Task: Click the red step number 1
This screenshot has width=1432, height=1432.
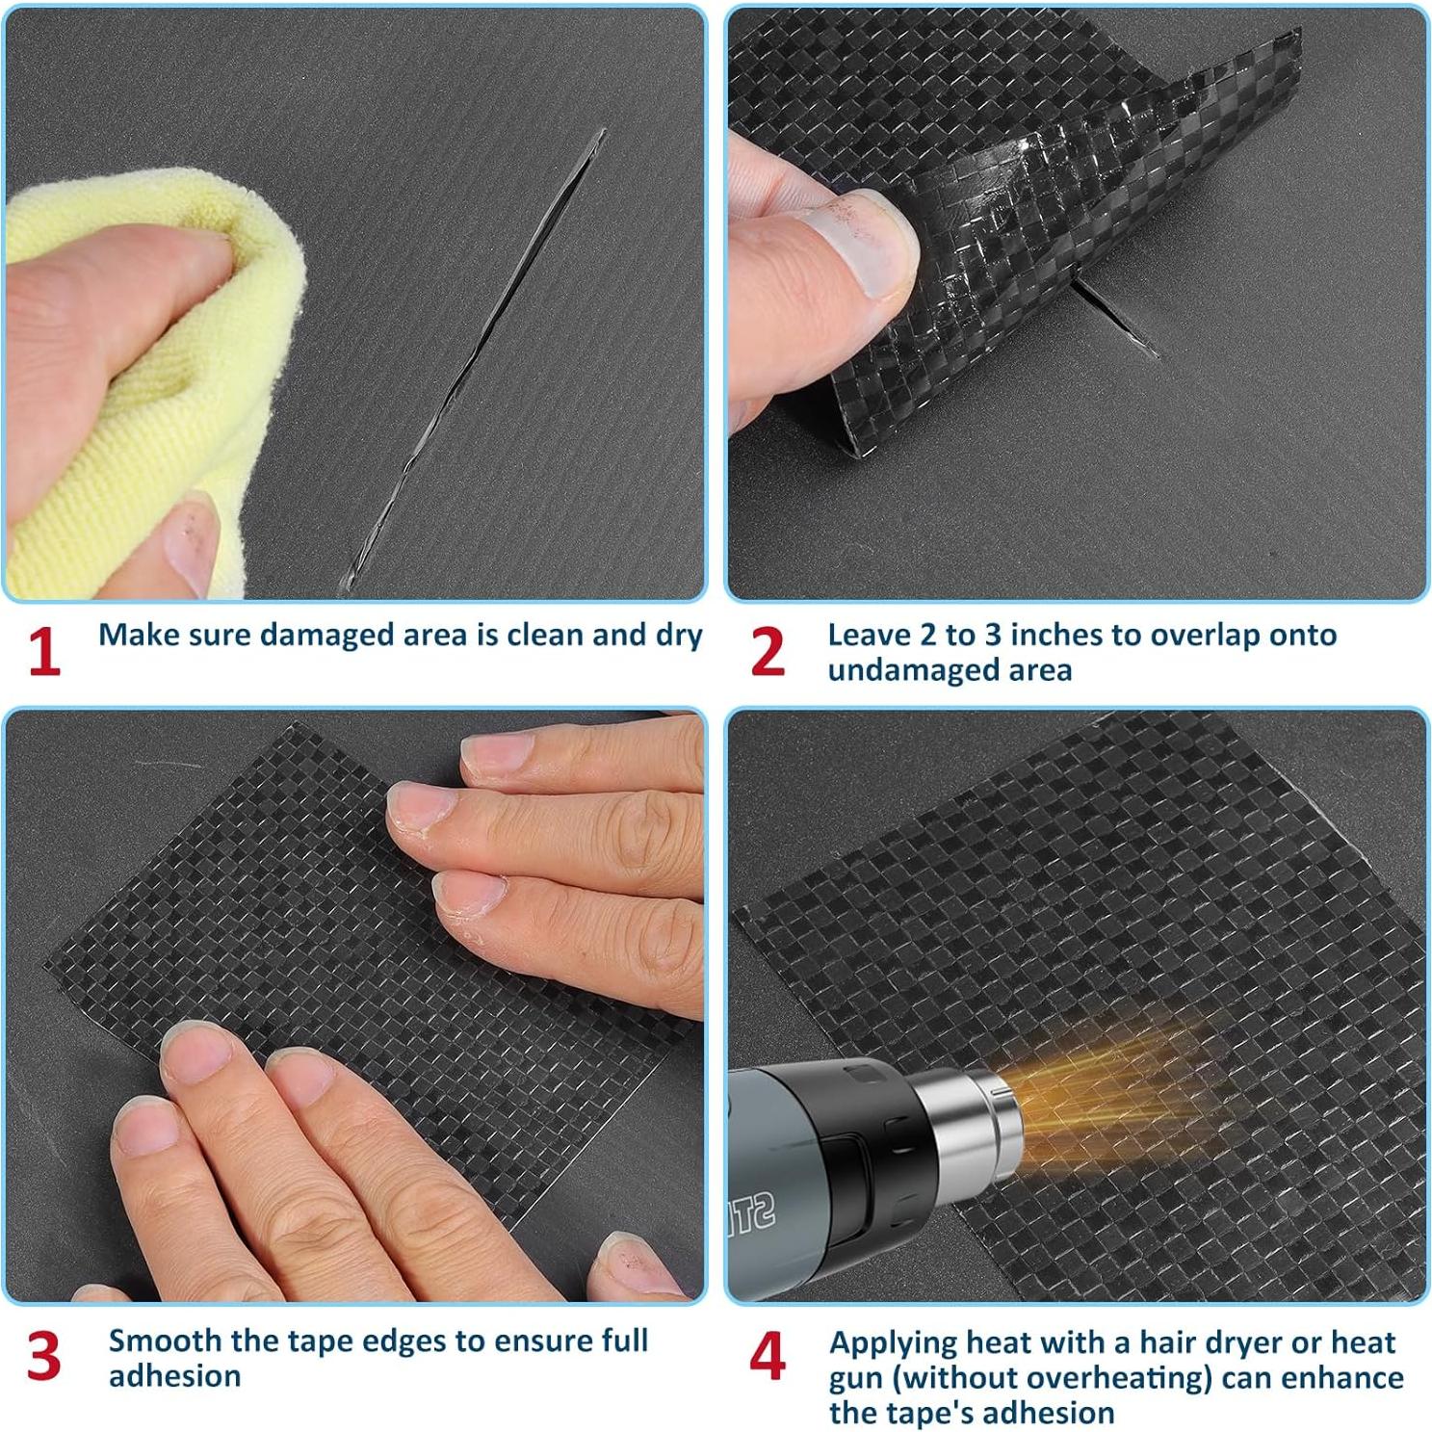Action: [x=43, y=652]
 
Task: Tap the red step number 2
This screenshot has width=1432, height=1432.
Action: [x=767, y=652]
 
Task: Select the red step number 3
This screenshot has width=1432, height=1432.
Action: [x=43, y=1356]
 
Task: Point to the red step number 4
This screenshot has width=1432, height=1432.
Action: [x=767, y=1356]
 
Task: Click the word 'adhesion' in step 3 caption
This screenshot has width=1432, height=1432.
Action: [x=174, y=1376]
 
